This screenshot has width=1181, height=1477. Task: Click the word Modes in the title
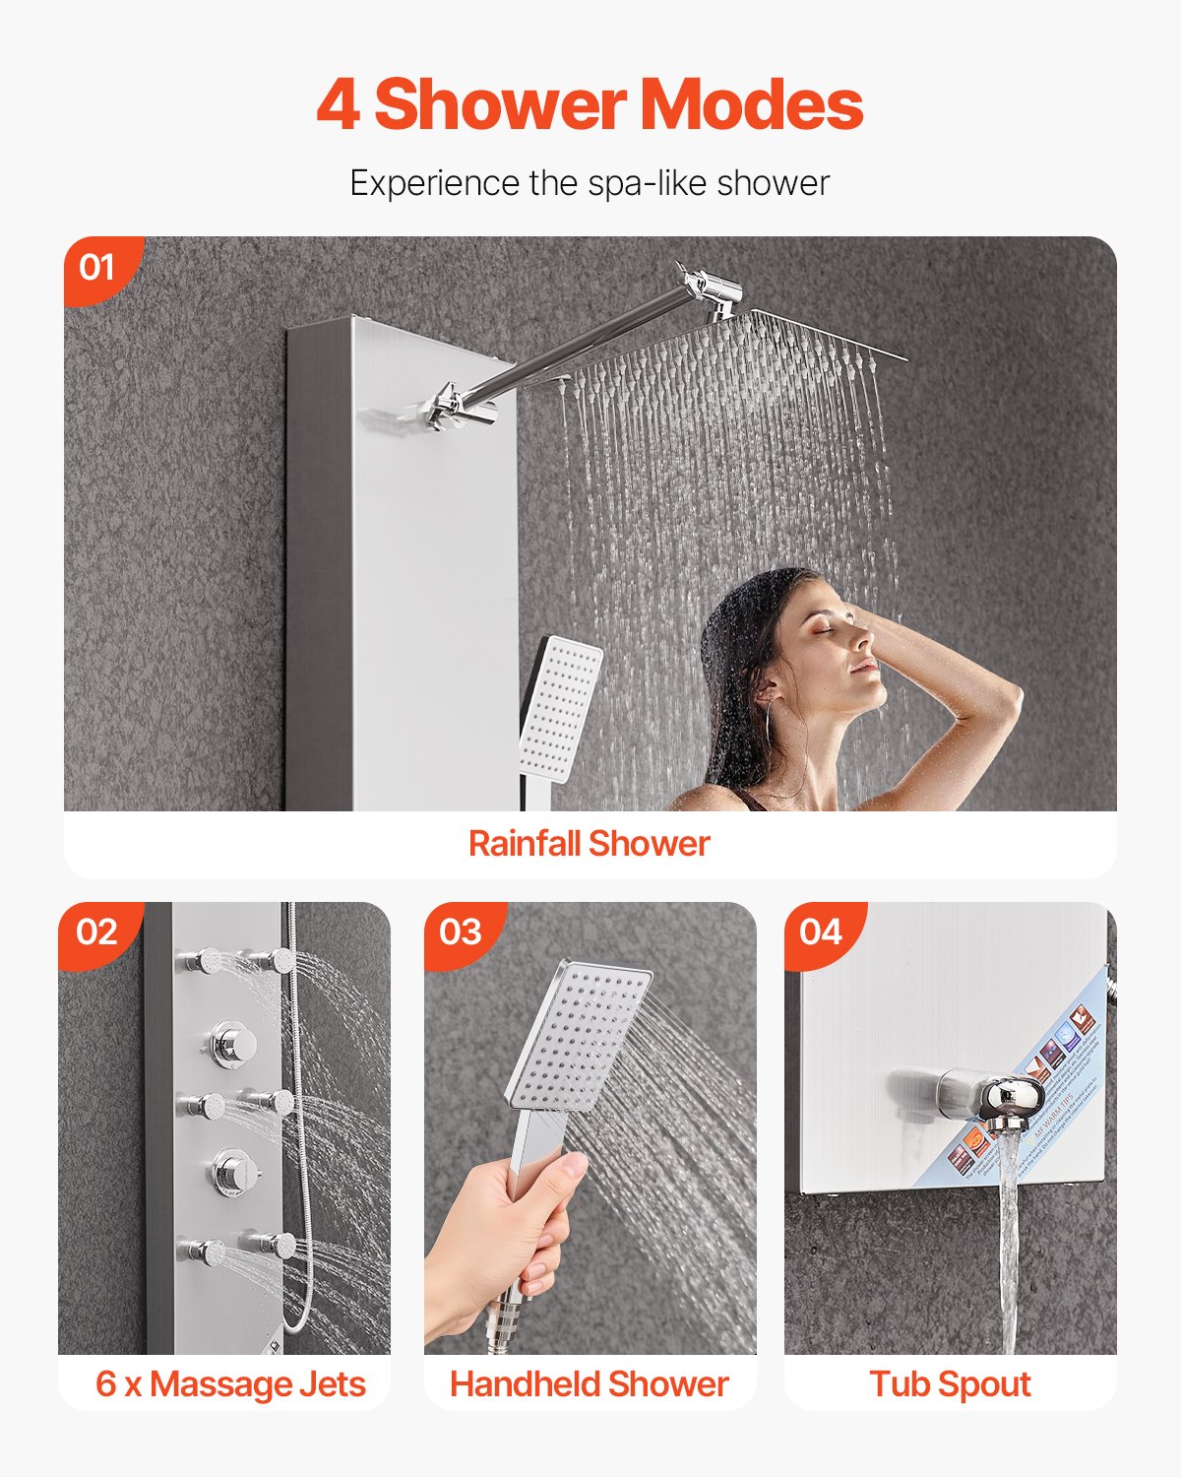click(x=752, y=104)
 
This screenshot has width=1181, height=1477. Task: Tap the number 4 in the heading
click(x=338, y=105)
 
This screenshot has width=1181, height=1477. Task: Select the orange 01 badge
click(x=97, y=267)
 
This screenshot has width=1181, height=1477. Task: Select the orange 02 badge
click(x=96, y=931)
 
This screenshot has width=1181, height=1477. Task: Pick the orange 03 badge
click(x=461, y=931)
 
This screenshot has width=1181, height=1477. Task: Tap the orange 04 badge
click(x=821, y=931)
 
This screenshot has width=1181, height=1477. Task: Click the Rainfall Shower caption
click(x=589, y=844)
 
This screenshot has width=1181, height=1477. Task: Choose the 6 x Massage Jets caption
click(x=230, y=1384)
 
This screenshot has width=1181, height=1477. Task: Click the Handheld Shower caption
click(x=589, y=1384)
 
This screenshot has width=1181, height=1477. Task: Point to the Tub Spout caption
click(x=950, y=1384)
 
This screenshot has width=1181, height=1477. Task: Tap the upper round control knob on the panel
click(x=233, y=1044)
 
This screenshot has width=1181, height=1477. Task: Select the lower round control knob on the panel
click(x=233, y=1172)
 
